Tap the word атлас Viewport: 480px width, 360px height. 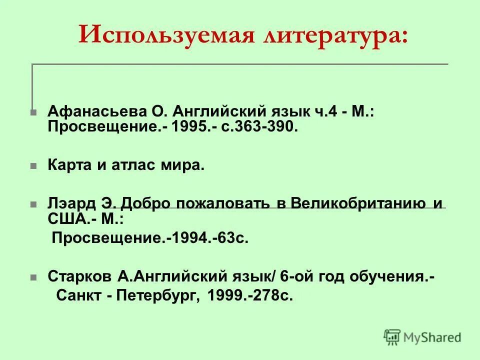(x=142, y=165)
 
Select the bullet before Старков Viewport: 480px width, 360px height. (x=33, y=276)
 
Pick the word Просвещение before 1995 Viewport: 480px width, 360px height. (x=102, y=127)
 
